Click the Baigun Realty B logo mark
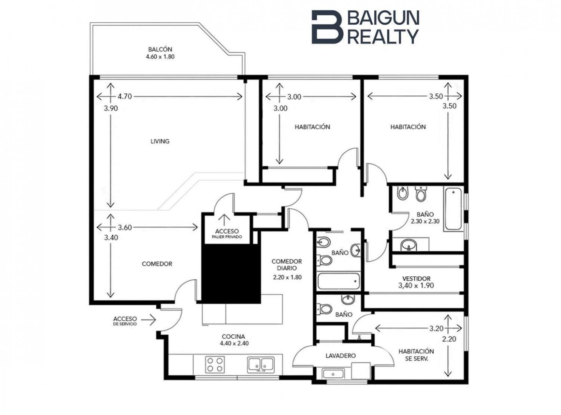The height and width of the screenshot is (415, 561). tap(328, 27)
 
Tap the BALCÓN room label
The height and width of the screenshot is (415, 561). tap(160, 49)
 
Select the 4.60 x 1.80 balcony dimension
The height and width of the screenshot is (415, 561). tap(160, 57)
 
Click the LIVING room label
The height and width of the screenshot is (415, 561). tap(160, 141)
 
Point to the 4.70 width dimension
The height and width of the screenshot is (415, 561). tap(125, 96)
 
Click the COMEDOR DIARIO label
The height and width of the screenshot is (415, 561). tap(287, 265)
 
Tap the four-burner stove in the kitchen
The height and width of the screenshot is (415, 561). tap(215, 364)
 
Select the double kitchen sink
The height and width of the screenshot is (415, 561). tap(261, 365)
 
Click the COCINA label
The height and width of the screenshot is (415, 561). tap(233, 337)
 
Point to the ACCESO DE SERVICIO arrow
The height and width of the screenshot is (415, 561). tap(149, 320)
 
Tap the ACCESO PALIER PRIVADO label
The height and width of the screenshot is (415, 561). tap(227, 234)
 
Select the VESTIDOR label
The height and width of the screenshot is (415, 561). tap(416, 279)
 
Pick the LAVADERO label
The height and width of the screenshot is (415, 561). tap(341, 356)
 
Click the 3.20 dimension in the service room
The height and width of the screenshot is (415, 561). tap(436, 329)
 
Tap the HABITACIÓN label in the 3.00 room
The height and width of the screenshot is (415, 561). tap(312, 127)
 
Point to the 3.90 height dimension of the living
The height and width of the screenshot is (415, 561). tap(111, 108)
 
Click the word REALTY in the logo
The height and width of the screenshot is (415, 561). tap(383, 36)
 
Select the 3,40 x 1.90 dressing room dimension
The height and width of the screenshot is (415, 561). tap(416, 286)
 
